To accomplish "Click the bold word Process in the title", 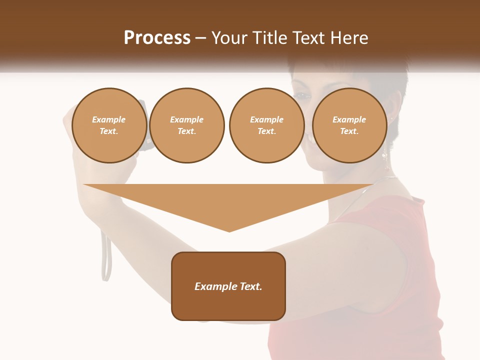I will click(x=157, y=38).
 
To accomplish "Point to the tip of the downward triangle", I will click(x=229, y=230).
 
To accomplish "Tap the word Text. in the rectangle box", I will click(x=251, y=286).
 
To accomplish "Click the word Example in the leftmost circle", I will click(x=109, y=120).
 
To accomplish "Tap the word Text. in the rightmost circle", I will click(x=349, y=131).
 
